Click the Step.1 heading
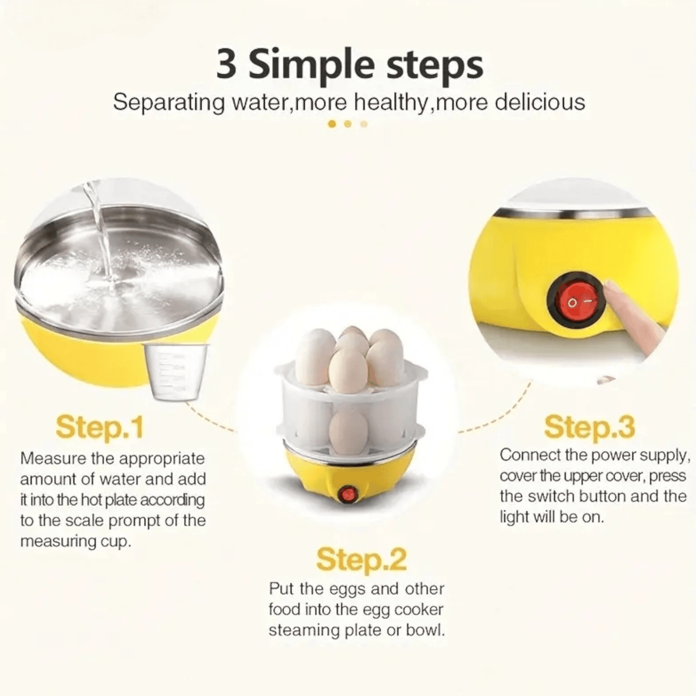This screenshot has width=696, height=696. pyautogui.click(x=100, y=427)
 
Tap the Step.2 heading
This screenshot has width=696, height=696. pyautogui.click(x=361, y=559)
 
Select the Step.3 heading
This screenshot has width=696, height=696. pyautogui.click(x=589, y=427)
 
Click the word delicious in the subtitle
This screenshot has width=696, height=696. pyautogui.click(x=539, y=102)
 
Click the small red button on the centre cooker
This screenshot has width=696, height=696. pyautogui.click(x=348, y=493)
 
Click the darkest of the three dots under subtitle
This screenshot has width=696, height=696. pyautogui.click(x=331, y=124)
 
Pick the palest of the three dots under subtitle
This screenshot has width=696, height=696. pyautogui.click(x=364, y=124)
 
